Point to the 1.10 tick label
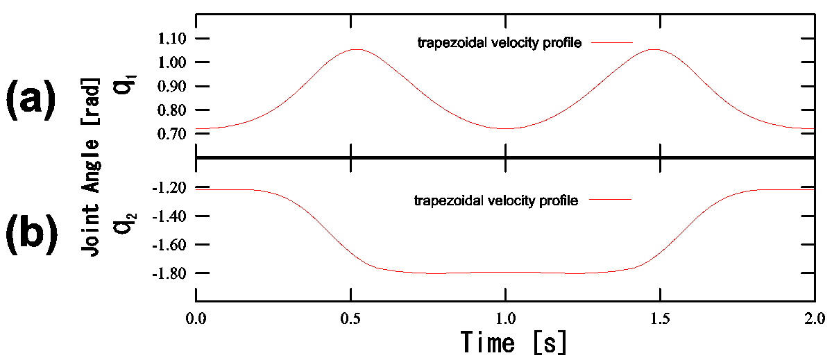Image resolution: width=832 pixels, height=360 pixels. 172,39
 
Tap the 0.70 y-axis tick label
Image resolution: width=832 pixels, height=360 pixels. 172,135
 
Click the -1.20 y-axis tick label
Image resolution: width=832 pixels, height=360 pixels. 169,187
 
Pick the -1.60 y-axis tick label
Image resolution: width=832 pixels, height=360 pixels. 169,245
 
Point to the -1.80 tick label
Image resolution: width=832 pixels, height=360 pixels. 169,273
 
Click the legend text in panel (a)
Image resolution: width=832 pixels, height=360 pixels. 498,43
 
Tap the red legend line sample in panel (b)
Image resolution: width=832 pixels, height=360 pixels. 610,200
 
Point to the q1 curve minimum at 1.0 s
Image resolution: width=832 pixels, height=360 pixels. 505,128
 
